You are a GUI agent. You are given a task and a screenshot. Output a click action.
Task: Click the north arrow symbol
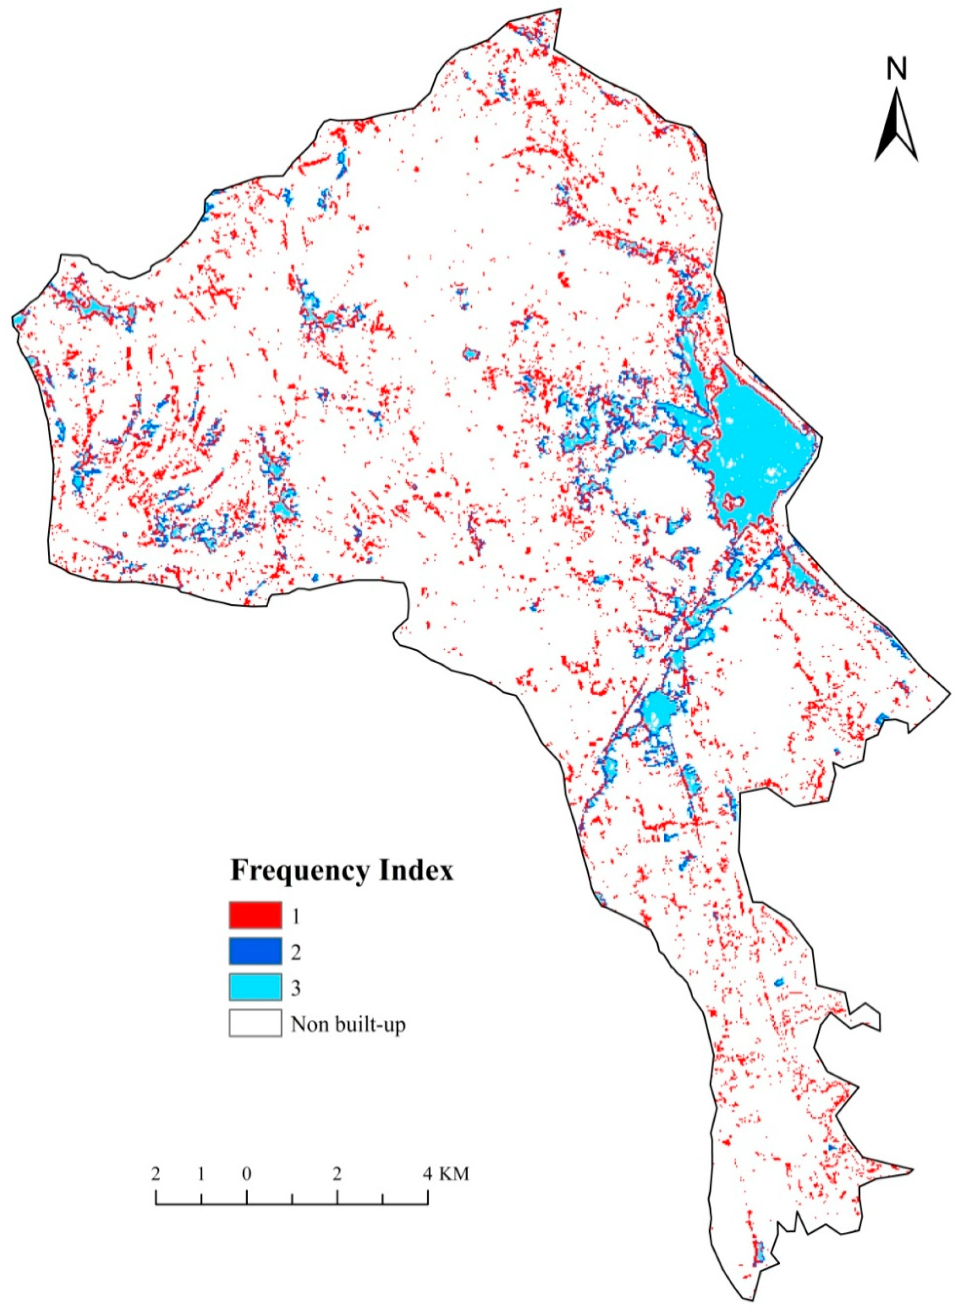click(x=896, y=125)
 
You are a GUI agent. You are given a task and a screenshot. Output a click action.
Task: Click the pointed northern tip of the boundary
click(x=560, y=10)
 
